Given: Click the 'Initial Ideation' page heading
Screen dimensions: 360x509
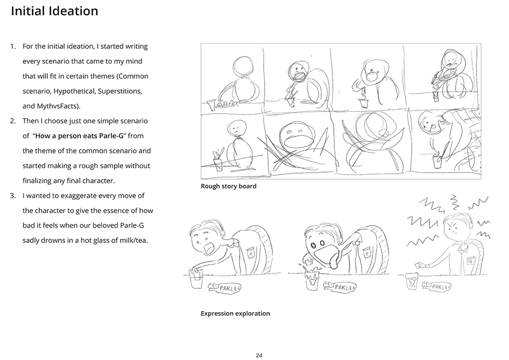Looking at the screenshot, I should [54, 11].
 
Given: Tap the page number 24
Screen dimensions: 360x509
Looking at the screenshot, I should [259, 355].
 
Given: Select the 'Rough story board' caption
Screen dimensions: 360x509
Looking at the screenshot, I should [229, 186].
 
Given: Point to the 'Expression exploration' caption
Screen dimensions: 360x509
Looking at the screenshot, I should [235, 314].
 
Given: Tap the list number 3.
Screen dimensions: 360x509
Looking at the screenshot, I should [13, 196].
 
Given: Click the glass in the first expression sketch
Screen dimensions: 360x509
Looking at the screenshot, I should [195, 280].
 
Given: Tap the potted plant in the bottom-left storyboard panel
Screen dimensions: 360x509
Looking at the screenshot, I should [218, 159].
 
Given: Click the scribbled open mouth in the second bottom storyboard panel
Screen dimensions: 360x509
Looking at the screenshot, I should [294, 136].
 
